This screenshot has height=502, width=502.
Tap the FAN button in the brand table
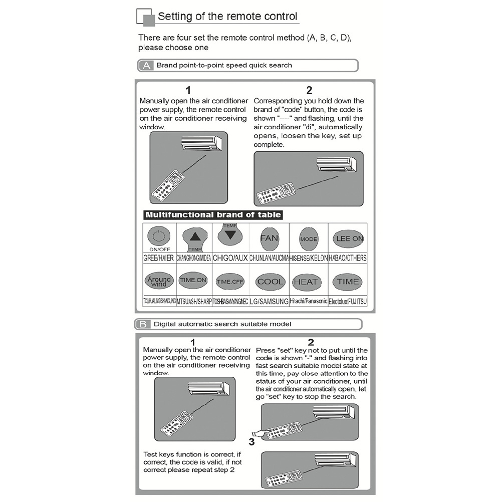point(269,238)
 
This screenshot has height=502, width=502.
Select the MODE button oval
point(309,239)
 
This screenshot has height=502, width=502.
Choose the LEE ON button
point(349,239)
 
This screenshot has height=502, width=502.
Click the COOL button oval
point(271,282)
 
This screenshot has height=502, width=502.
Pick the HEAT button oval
point(306,282)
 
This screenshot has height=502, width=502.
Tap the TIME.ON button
point(193,280)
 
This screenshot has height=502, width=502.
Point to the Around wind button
point(159,281)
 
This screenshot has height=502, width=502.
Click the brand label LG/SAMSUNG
point(269,302)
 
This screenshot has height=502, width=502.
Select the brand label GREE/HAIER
point(159,258)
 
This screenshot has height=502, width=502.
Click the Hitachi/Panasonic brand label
point(309,302)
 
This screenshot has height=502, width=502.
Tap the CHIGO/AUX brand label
point(230,258)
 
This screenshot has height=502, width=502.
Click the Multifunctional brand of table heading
point(213,215)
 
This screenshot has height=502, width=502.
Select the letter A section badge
point(146,66)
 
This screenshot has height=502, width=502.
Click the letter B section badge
point(143,324)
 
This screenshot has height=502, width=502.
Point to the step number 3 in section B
point(252,442)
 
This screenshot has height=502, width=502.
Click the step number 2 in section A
point(309,91)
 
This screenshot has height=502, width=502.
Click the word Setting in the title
point(175,16)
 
